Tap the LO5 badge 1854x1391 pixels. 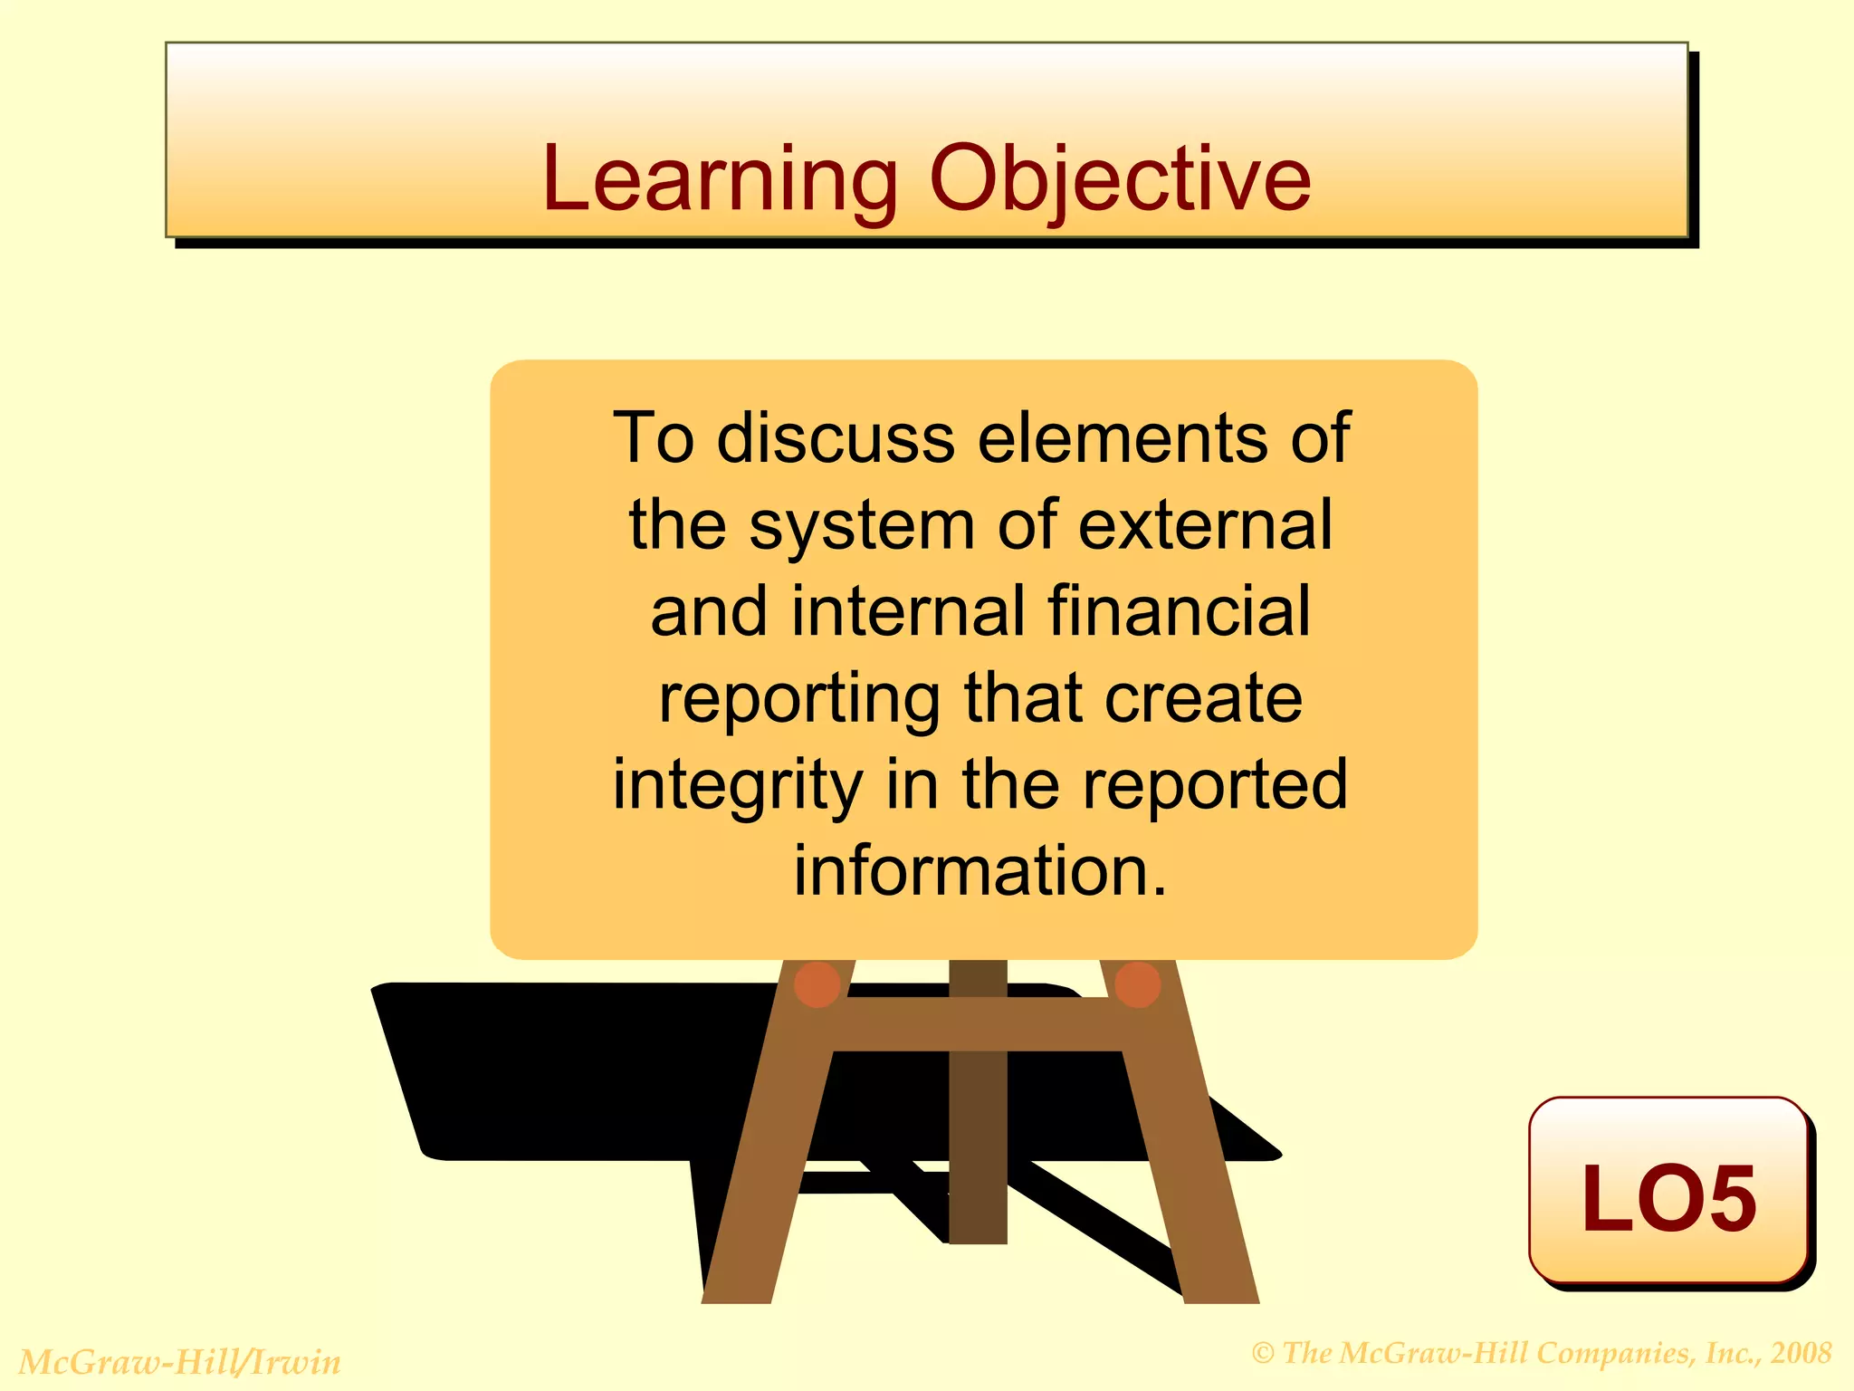[1668, 1194]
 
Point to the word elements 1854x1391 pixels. [1123, 438]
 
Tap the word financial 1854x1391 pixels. [1179, 611]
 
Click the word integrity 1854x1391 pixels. [737, 785]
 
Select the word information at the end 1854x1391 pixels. [980, 871]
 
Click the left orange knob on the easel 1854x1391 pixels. [817, 984]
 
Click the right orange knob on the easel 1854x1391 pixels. [1138, 984]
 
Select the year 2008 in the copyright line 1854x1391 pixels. [1801, 1353]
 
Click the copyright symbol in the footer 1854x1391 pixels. [1264, 1354]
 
